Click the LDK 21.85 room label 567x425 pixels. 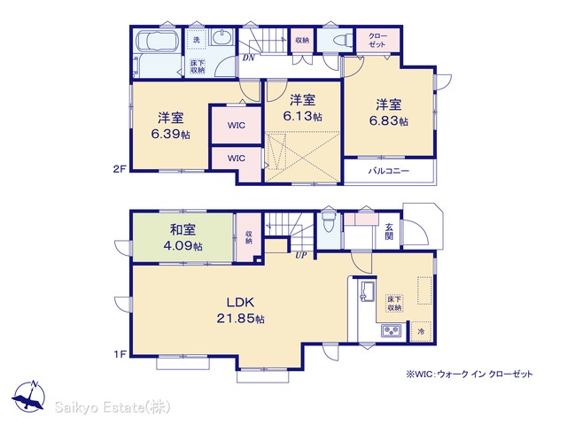240,310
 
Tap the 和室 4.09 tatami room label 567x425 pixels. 183,237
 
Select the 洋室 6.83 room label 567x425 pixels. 389,112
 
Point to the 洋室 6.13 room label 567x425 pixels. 303,108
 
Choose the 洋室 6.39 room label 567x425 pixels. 171,126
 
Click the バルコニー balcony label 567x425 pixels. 389,171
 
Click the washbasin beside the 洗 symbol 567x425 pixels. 221,37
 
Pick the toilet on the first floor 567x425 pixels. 329,221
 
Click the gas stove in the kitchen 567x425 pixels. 392,330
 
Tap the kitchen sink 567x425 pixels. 367,291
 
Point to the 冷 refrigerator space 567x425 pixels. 421,331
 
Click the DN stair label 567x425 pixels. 248,58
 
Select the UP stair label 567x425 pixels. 301,256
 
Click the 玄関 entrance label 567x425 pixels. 389,232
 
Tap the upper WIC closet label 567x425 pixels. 237,126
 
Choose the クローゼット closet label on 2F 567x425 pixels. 378,40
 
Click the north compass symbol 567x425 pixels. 28,396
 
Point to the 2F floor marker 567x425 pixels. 120,169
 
